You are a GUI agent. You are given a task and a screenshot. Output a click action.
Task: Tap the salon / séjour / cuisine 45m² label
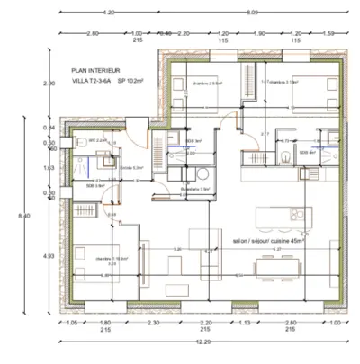[268, 242]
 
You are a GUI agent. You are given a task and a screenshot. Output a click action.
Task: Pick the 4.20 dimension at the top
[109, 13]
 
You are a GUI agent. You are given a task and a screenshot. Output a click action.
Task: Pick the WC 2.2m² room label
[97, 141]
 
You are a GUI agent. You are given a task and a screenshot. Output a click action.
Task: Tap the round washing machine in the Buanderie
[203, 173]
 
